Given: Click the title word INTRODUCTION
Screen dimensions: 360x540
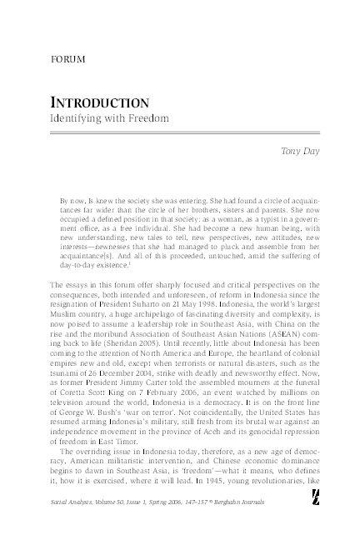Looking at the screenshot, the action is (x=101, y=103).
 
